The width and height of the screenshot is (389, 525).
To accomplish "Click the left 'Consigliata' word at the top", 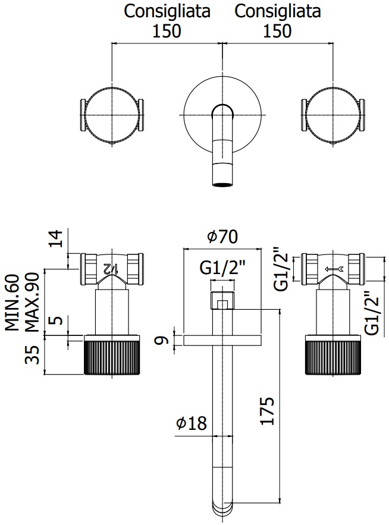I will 167,11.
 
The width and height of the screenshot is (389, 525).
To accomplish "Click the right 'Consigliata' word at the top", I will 278,11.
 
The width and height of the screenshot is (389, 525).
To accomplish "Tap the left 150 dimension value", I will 167,31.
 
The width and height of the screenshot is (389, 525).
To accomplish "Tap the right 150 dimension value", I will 278,31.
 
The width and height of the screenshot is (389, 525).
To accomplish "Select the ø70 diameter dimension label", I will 222,237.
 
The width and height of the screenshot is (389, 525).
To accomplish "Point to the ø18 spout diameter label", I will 191,424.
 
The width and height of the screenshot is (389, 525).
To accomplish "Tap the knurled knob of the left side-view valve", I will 112,356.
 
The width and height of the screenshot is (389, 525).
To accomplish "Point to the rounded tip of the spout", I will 222,510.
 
